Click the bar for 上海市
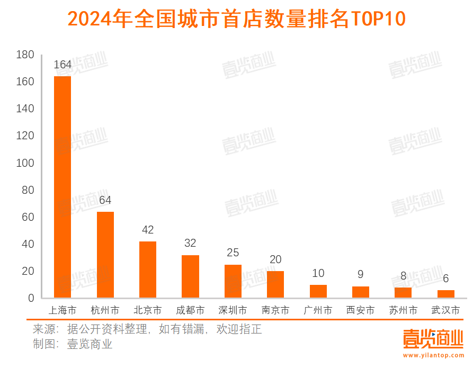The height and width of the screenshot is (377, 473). click(63, 187)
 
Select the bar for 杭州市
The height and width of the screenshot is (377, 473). click(105, 255)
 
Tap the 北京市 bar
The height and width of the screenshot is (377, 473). click(148, 270)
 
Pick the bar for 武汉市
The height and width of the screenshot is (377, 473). click(446, 294)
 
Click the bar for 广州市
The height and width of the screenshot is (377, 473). click(318, 291)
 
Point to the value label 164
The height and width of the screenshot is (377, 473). click(63, 65)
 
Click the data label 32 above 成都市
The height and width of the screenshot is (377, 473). click(190, 244)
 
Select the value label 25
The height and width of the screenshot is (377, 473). click(233, 253)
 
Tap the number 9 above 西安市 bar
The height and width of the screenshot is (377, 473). click(361, 275)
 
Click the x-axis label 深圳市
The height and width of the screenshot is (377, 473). click(233, 310)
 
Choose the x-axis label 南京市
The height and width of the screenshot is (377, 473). click(275, 310)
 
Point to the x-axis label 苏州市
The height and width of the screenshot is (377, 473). click(403, 310)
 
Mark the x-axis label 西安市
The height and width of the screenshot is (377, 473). click(361, 310)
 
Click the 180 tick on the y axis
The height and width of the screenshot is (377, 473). click(25, 55)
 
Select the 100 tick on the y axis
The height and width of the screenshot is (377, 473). click(25, 163)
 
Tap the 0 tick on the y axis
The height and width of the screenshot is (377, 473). click(31, 298)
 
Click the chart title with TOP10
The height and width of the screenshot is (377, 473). click(236, 19)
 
